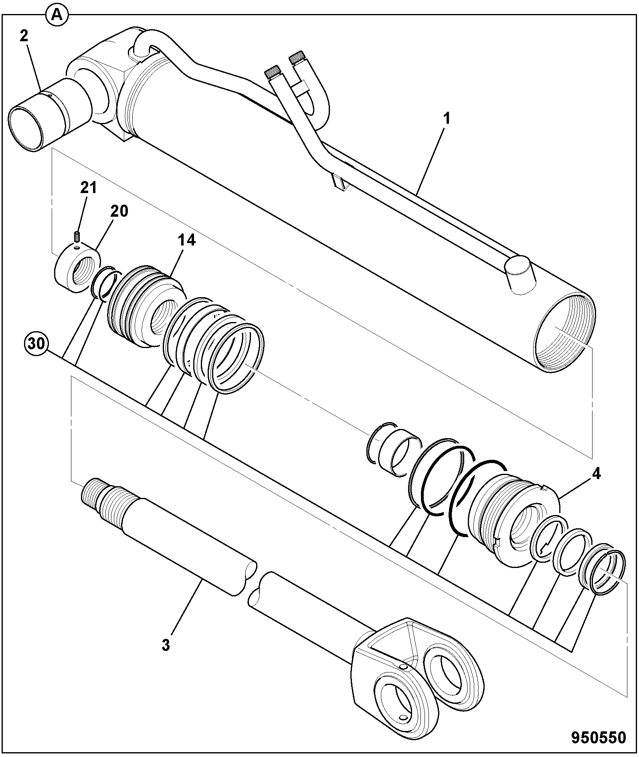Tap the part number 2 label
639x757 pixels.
coord(24,36)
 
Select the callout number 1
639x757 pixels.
coord(447,119)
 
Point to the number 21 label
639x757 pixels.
coord(89,187)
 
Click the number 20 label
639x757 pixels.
coord(119,211)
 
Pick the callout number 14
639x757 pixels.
coord(187,240)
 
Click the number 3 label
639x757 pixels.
coord(166,644)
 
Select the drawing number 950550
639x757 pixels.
coord(599,737)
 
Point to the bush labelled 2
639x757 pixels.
coord(48,114)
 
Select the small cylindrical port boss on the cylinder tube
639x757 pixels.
coord(520,275)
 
